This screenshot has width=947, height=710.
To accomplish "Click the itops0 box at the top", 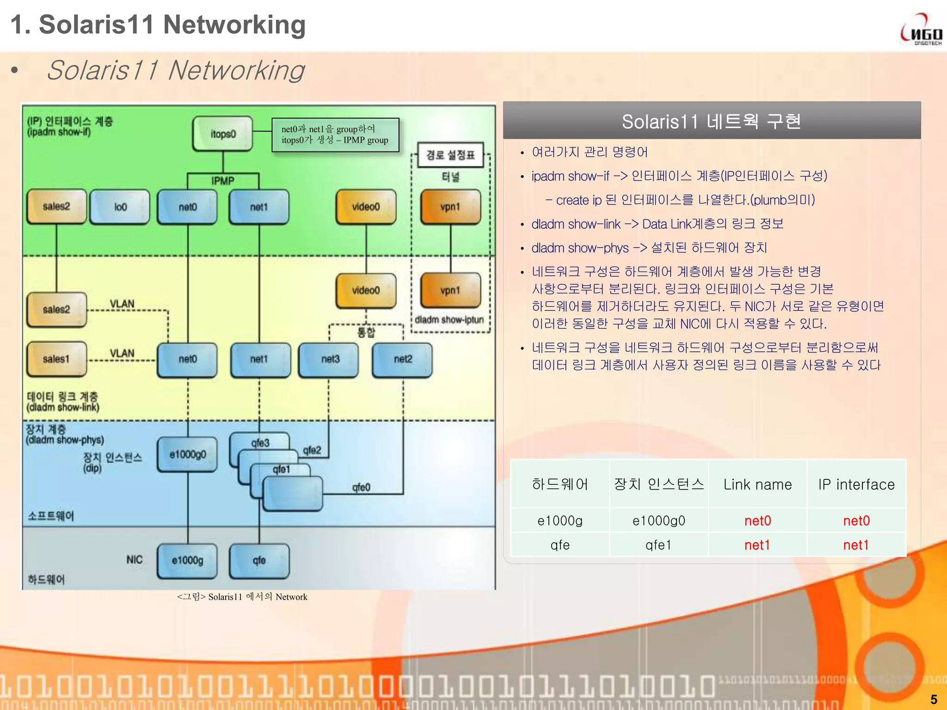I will tap(223, 134).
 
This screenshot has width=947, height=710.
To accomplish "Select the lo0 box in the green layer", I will tap(120, 207).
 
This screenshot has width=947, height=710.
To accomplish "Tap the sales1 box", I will tap(56, 359).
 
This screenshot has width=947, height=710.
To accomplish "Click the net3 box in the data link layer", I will tap(329, 359).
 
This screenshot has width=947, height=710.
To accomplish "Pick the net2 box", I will tap(402, 359).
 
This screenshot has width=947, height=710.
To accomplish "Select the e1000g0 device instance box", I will tap(187, 454).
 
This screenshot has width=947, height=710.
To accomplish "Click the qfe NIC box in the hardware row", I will tap(259, 561).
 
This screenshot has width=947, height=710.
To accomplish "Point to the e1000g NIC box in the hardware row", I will tap(187, 561).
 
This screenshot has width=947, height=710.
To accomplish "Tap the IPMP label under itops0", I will tap(223, 181).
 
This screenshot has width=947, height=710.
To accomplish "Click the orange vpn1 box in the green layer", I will tap(450, 207).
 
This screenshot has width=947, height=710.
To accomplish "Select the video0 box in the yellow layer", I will tap(366, 290).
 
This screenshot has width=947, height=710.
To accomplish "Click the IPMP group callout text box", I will tap(335, 135).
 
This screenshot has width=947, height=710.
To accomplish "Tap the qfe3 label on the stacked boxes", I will tap(260, 442).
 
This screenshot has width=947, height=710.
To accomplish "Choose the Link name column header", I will tap(757, 484).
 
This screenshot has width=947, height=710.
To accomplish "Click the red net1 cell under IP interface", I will tap(856, 545).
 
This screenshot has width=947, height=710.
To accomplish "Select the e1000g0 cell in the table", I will tap(658, 521).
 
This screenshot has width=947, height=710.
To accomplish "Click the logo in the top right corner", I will tap(921, 30).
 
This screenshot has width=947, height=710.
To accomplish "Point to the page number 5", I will tap(934, 699).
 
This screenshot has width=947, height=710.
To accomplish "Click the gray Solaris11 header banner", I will tap(712, 121).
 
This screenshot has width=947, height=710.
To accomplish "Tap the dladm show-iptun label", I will tap(449, 320).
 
